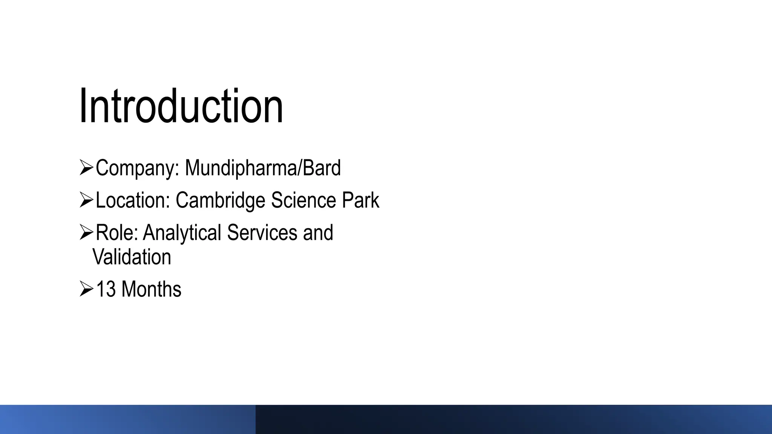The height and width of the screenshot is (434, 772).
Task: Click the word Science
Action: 303,200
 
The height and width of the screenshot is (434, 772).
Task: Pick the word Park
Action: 360,200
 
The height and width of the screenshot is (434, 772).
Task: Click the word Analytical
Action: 182,232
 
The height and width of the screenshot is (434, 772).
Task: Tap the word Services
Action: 262,232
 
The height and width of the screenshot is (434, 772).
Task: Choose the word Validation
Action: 132,257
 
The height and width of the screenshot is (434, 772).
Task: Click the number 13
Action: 106,289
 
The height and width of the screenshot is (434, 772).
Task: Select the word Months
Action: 151,289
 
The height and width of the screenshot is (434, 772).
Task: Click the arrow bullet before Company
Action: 86,168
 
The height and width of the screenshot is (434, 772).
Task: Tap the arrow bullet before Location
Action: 86,200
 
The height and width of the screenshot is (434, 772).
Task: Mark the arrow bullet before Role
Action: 86,232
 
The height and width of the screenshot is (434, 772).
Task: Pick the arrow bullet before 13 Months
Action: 86,289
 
